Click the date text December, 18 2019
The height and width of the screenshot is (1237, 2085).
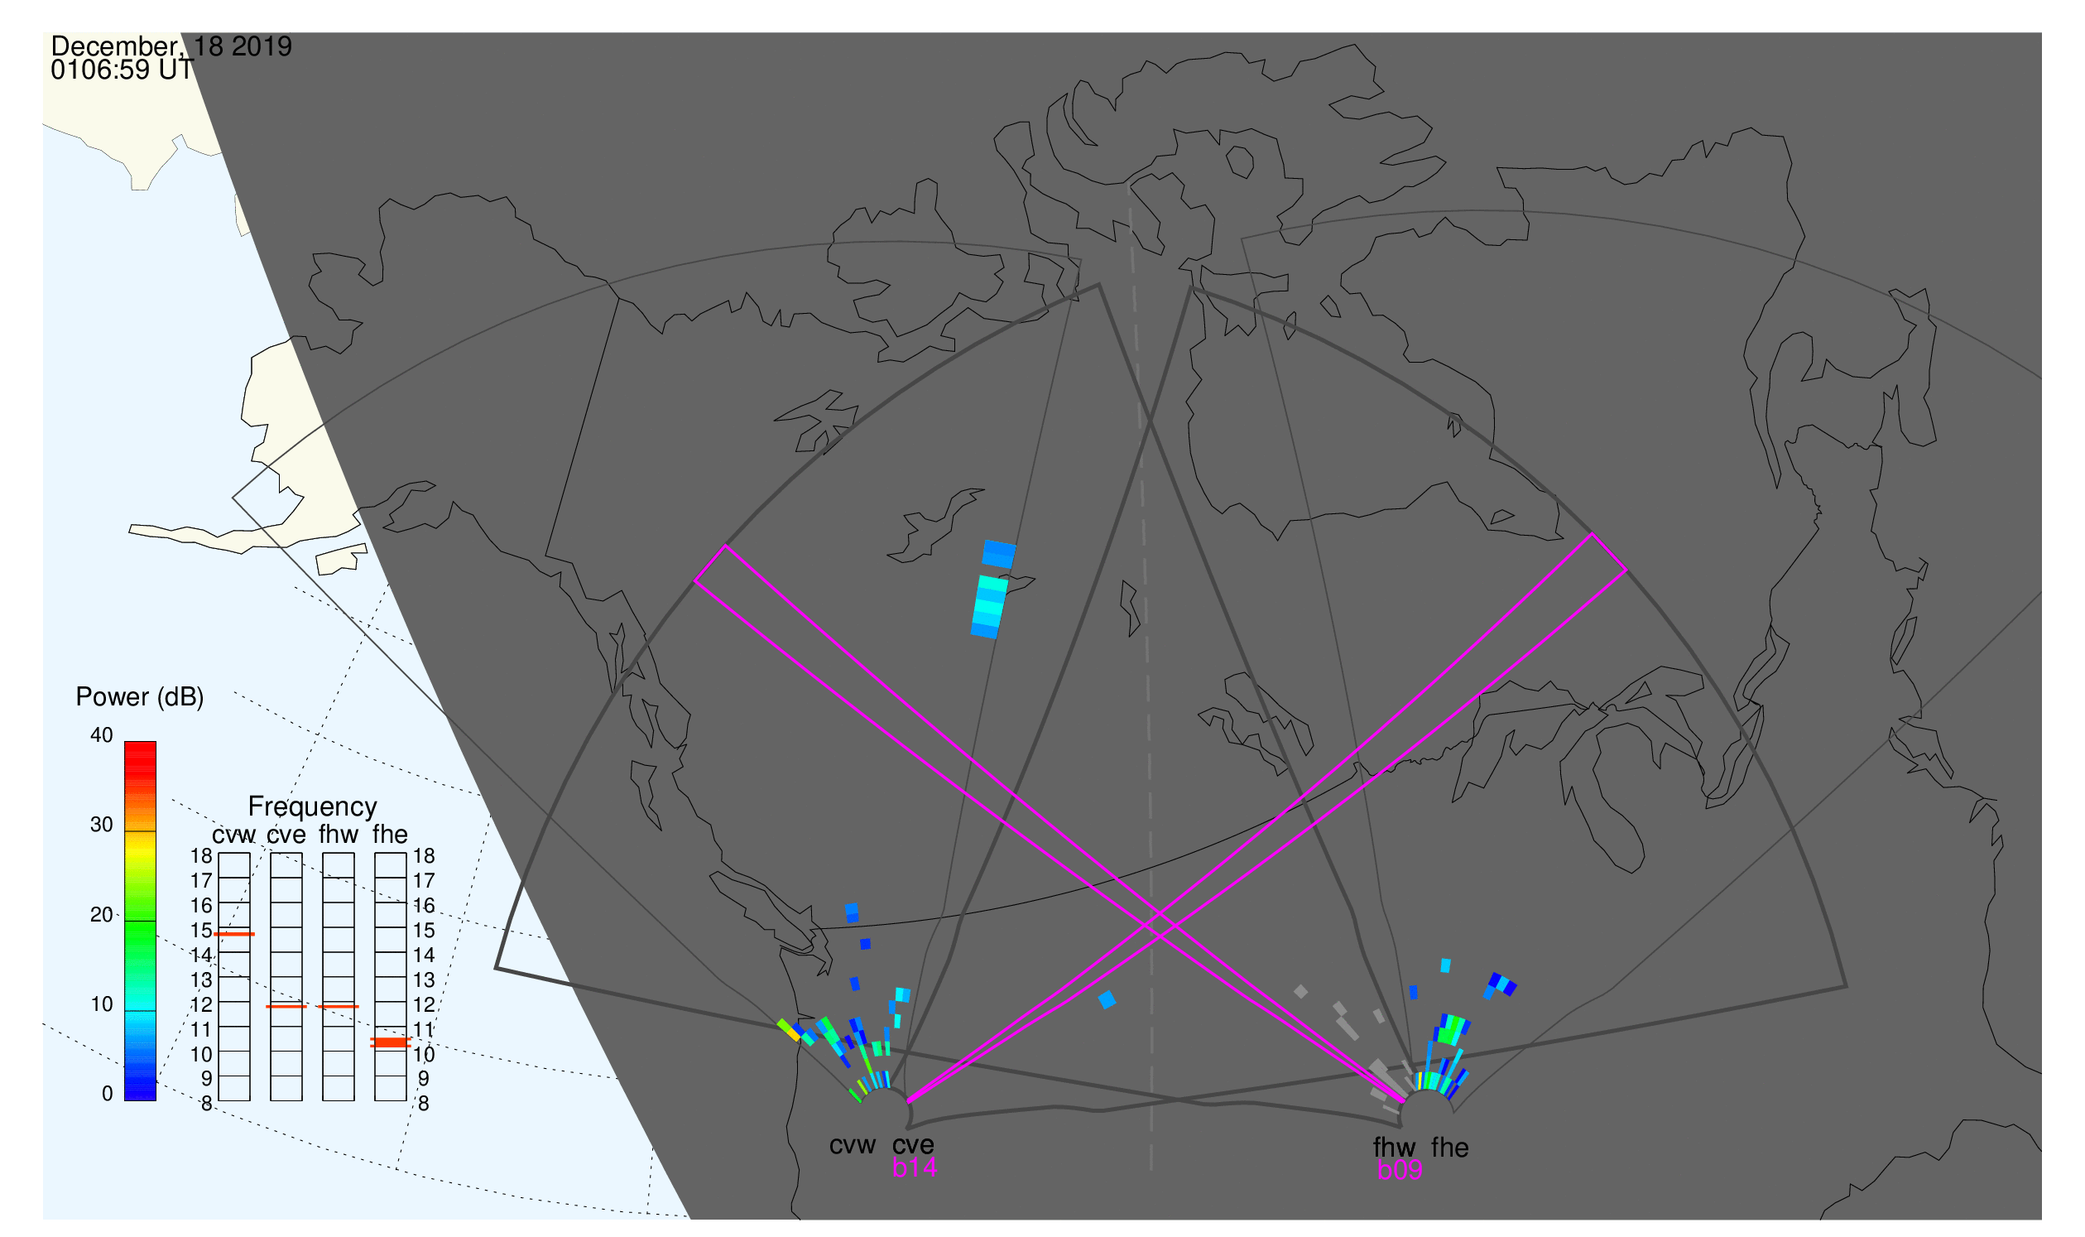(x=171, y=46)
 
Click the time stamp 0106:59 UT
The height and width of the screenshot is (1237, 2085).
(x=122, y=70)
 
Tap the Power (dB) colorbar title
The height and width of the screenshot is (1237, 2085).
(x=140, y=698)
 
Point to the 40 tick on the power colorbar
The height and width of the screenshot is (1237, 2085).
(x=102, y=735)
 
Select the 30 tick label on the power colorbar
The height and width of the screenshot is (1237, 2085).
(x=102, y=825)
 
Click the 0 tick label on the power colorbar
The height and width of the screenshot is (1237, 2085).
(x=107, y=1095)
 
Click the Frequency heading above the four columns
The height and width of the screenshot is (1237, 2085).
(x=313, y=807)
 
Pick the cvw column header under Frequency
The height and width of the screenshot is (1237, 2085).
(x=234, y=835)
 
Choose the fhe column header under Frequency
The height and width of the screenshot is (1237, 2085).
(x=390, y=835)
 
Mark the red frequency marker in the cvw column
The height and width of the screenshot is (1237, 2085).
(x=234, y=935)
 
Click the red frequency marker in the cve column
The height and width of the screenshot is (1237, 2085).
(x=286, y=1007)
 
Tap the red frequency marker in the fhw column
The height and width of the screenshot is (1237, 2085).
(x=339, y=1007)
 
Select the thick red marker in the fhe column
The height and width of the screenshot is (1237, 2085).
(x=390, y=1042)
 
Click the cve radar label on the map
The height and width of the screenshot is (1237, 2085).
(x=913, y=1145)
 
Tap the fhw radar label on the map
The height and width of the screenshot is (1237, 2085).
(x=1394, y=1148)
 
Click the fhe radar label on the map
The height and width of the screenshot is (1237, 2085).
(x=1450, y=1148)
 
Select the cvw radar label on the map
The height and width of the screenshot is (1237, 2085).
(x=852, y=1145)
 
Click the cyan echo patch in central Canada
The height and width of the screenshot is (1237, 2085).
(x=989, y=607)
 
